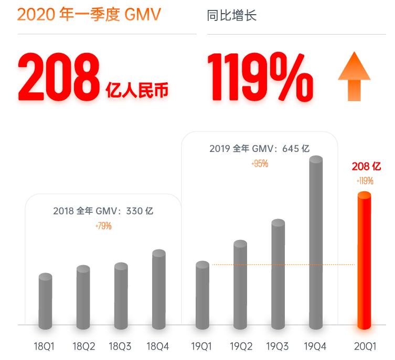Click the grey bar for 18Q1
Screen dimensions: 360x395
click(46, 301)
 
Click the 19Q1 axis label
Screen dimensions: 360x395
click(202, 346)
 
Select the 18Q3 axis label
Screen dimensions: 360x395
click(120, 346)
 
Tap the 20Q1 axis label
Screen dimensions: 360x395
click(365, 346)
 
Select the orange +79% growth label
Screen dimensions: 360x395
click(103, 226)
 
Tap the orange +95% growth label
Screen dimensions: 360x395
click(260, 163)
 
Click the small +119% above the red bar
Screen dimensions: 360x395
click(365, 181)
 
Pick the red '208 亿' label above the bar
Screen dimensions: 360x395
click(366, 167)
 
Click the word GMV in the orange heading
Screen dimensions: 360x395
click(141, 14)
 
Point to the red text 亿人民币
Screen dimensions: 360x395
click(137, 90)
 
